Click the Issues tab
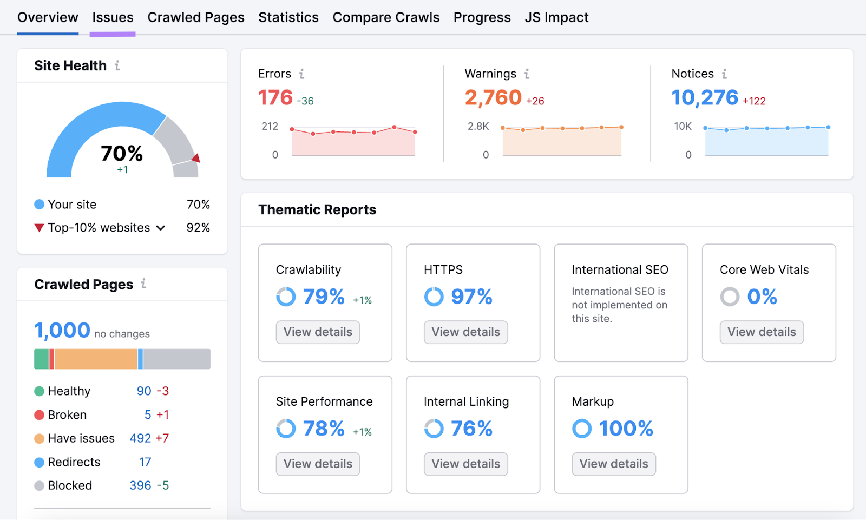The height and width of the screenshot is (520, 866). (x=113, y=17)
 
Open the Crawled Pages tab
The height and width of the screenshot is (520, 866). (x=196, y=17)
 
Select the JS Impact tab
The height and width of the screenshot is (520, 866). (x=556, y=17)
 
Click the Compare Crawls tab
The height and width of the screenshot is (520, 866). (x=386, y=17)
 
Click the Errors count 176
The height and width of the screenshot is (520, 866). (x=275, y=98)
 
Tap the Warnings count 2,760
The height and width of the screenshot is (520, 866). (x=493, y=98)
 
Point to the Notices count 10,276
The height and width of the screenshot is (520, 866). (x=705, y=98)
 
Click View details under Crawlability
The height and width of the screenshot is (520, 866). (x=318, y=332)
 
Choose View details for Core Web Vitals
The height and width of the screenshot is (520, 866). (x=762, y=332)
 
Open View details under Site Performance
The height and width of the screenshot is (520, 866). (x=318, y=464)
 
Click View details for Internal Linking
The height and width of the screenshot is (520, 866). (x=465, y=464)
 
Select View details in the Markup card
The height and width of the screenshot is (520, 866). (x=614, y=464)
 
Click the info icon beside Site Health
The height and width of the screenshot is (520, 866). (x=117, y=65)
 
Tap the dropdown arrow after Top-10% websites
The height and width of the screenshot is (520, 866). (x=161, y=228)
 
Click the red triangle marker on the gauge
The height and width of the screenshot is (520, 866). (x=196, y=158)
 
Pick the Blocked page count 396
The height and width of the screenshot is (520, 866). (x=140, y=486)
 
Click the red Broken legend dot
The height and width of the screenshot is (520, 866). (x=39, y=415)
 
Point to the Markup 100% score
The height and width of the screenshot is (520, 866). (x=626, y=429)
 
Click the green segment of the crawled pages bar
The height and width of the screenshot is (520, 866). (x=41, y=359)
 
